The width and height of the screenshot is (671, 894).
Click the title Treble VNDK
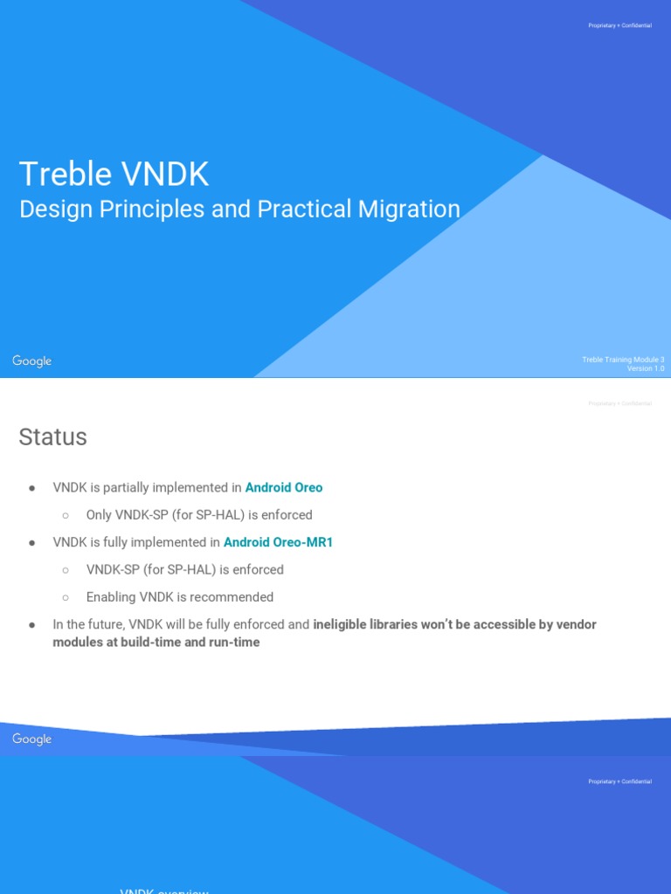pos(114,175)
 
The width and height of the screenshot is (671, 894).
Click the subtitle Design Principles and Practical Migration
pos(239,210)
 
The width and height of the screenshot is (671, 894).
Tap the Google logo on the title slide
pos(32,361)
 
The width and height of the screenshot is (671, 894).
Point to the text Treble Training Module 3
pos(623,360)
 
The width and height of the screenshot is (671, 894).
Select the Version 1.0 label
pos(646,368)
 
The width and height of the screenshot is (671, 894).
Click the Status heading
pos(52,437)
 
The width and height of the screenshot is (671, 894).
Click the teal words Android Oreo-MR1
pos(278,542)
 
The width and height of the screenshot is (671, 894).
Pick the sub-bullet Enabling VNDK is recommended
pos(180,597)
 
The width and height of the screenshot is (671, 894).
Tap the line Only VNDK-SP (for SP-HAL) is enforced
pos(199,515)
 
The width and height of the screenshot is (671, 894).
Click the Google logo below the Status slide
pos(32,739)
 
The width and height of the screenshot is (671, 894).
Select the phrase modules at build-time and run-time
pos(156,643)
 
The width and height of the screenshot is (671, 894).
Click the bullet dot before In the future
pos(32,625)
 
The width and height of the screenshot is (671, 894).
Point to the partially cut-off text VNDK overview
pos(164,890)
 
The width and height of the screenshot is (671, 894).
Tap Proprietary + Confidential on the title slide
pos(619,25)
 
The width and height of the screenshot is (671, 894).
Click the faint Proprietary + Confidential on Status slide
pos(619,403)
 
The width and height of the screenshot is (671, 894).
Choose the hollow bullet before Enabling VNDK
pos(66,597)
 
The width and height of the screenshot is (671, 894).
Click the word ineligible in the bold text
pos(341,625)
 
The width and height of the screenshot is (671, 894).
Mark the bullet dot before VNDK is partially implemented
pos(32,488)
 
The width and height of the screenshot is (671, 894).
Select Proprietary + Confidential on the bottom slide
pos(619,781)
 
